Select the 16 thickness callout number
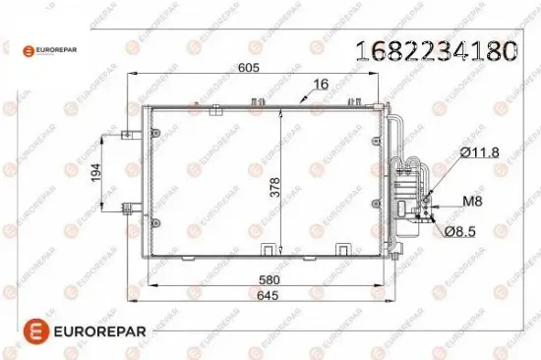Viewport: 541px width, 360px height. click(320, 85)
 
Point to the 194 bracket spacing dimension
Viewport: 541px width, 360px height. click(95, 171)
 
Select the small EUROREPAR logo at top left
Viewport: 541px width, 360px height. click(44, 48)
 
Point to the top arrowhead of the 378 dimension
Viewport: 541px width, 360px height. click(281, 108)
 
